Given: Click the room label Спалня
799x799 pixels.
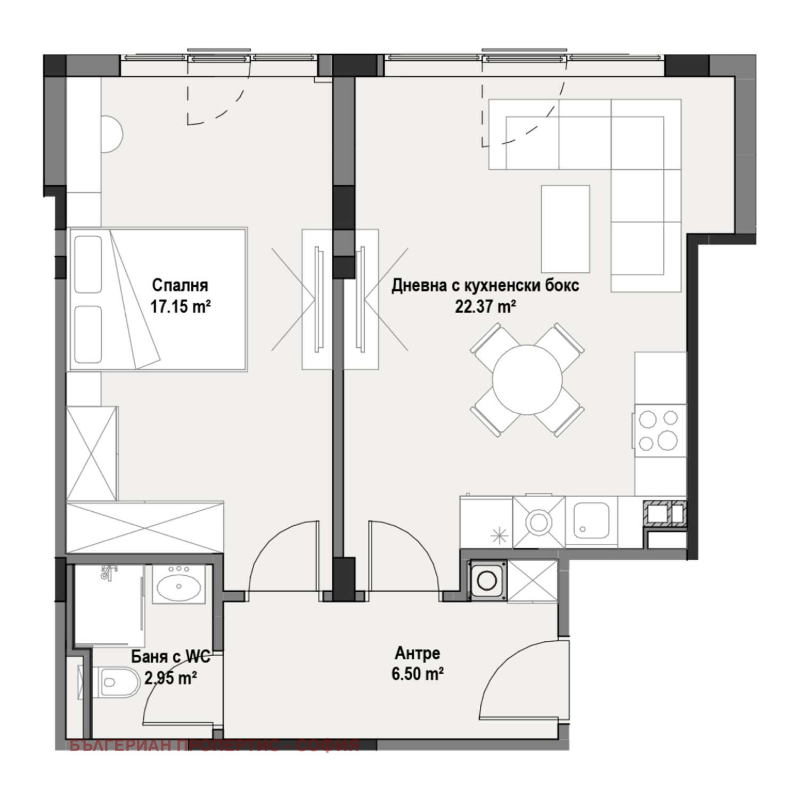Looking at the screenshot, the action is (x=180, y=286).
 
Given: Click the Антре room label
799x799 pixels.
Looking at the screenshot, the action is (x=417, y=653).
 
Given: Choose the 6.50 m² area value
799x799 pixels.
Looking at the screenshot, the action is (x=418, y=674).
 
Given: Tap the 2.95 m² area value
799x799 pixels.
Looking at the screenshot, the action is (x=171, y=679).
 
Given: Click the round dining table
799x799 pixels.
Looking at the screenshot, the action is (x=527, y=379).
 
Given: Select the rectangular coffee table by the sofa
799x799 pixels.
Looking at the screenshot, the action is (x=565, y=229).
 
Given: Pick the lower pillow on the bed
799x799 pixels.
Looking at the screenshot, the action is (x=88, y=333).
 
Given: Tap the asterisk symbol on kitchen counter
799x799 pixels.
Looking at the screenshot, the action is (x=499, y=535).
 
